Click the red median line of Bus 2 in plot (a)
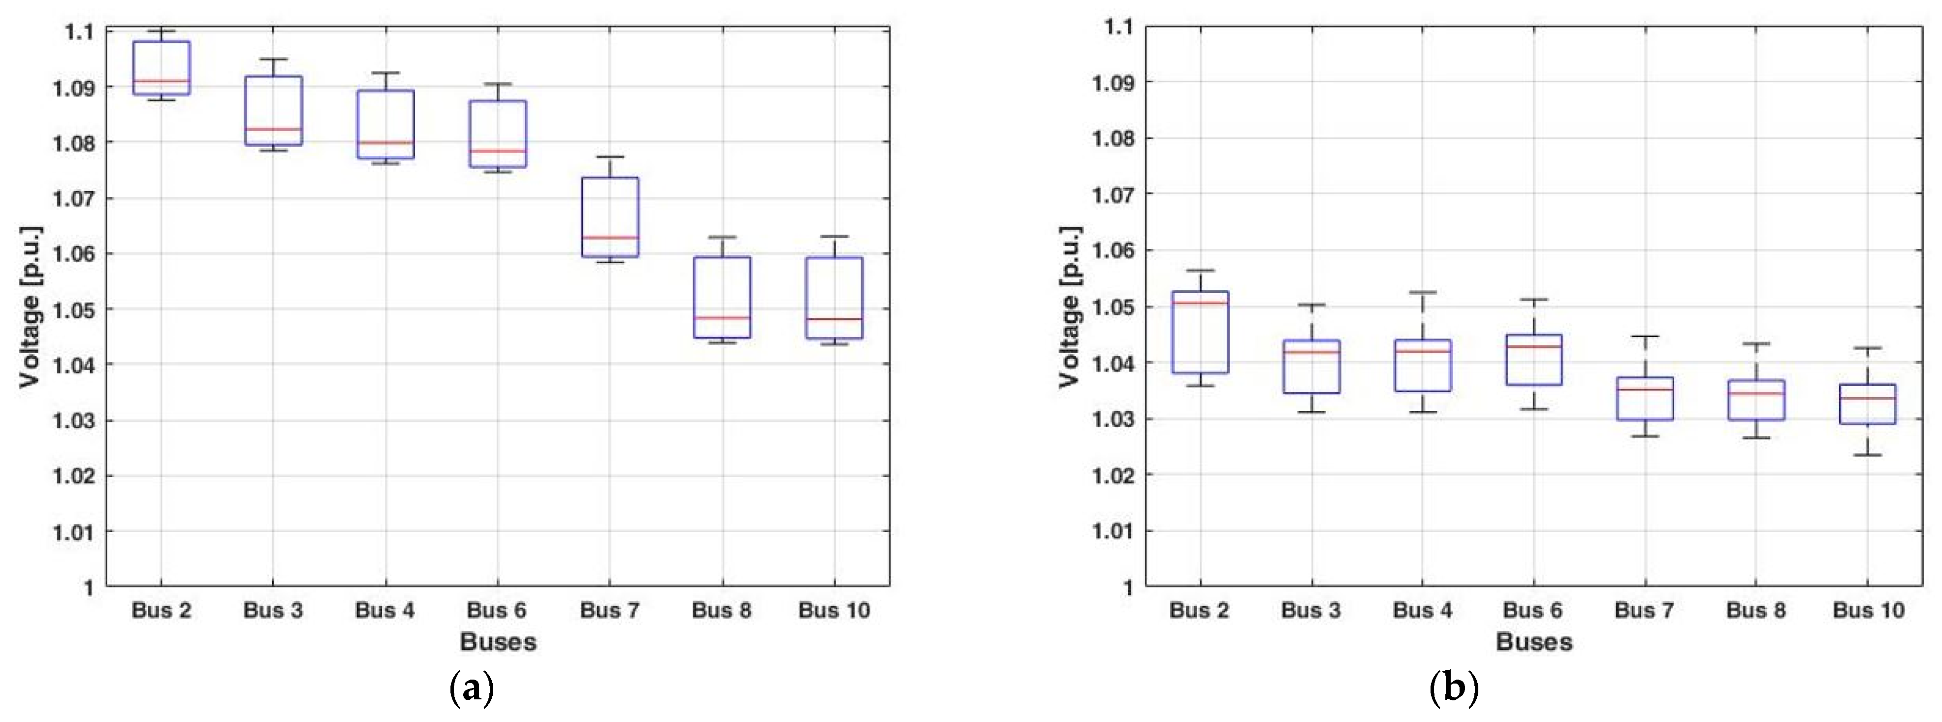tap(161, 81)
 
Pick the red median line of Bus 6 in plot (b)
tap(1533, 346)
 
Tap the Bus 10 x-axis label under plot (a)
tap(834, 610)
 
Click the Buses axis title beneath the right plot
tap(1533, 642)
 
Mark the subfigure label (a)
tap(472, 688)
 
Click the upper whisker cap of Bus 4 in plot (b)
tap(1423, 292)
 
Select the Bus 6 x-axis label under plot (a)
tap(496, 610)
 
